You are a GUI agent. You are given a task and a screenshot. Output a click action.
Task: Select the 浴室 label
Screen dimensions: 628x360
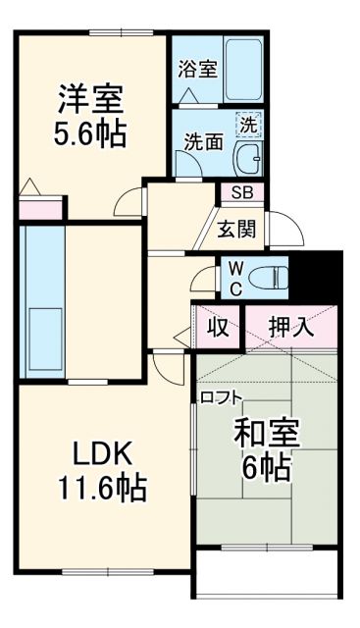point(196,70)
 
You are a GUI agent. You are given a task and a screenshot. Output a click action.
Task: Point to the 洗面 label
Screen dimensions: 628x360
point(203,143)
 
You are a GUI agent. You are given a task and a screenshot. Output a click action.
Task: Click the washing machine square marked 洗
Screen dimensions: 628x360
point(250,125)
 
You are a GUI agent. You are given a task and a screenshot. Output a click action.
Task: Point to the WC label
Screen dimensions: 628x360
point(235,276)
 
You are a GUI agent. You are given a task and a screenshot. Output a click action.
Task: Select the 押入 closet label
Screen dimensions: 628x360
point(292,328)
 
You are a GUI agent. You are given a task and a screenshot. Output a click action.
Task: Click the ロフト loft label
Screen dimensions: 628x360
point(222,397)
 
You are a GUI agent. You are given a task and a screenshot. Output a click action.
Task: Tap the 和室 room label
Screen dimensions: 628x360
point(267,433)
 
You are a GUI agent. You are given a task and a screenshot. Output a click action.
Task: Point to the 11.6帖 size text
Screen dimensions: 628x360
point(98,488)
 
